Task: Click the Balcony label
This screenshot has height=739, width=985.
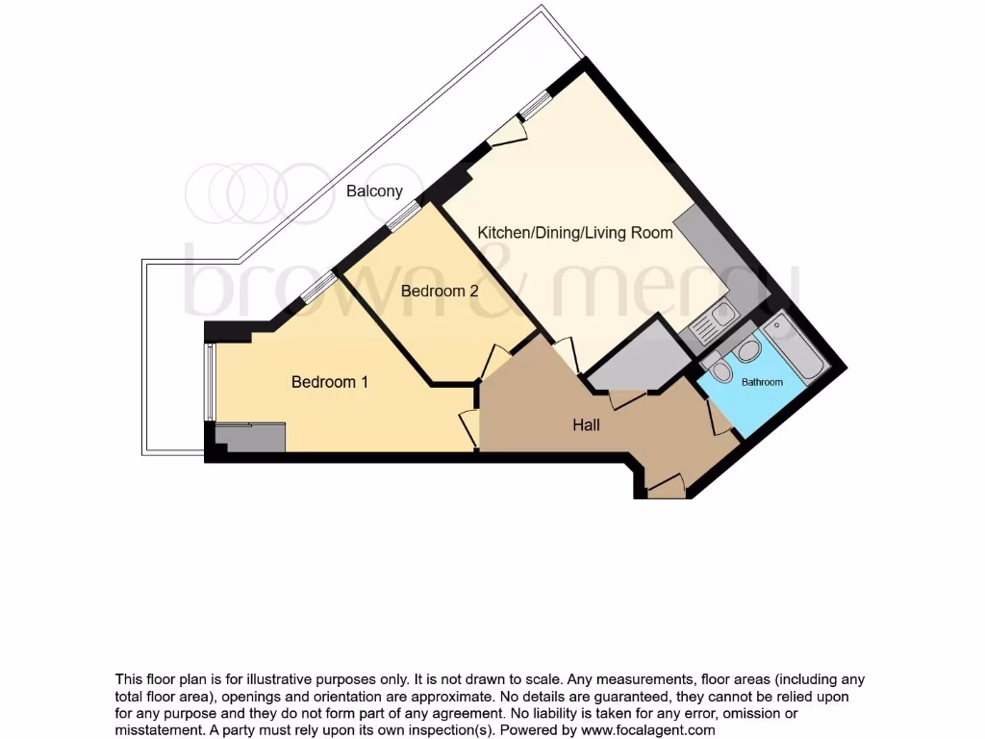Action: pyautogui.click(x=374, y=191)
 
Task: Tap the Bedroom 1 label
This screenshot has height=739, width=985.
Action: pyautogui.click(x=330, y=382)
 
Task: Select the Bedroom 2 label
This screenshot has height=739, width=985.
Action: pyautogui.click(x=440, y=290)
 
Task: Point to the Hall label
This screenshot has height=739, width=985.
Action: pyautogui.click(x=586, y=424)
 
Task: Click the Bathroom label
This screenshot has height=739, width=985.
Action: pyautogui.click(x=761, y=382)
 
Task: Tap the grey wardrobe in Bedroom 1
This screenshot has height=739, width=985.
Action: pyautogui.click(x=250, y=438)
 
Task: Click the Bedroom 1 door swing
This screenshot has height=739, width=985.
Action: pyautogui.click(x=469, y=426)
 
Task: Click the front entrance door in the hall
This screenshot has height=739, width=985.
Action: pyautogui.click(x=667, y=486)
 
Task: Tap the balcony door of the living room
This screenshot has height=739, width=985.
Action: pyautogui.click(x=507, y=134)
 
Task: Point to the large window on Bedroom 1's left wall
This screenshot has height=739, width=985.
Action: pyautogui.click(x=210, y=383)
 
